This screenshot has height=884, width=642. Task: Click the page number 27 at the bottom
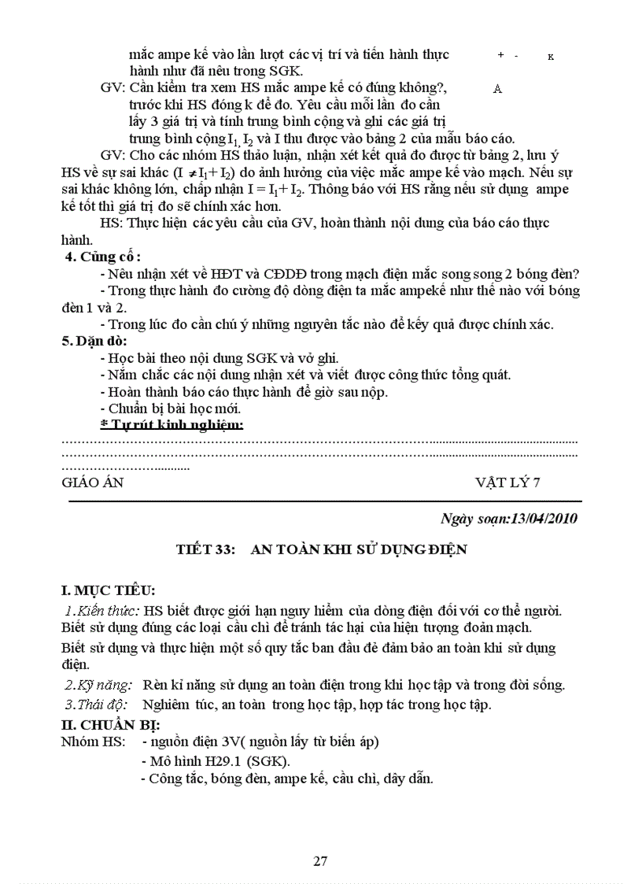point(320,860)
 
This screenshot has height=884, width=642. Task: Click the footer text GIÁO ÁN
point(93,483)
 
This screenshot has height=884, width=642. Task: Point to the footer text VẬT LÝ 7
point(507,483)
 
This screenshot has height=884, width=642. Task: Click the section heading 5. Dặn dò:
point(94,341)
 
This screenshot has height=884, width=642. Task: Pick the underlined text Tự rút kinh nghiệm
point(177,425)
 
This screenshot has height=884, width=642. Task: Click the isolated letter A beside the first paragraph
point(497,89)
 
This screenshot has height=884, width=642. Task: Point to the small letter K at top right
point(550,57)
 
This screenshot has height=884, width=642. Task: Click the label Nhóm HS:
point(91,742)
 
